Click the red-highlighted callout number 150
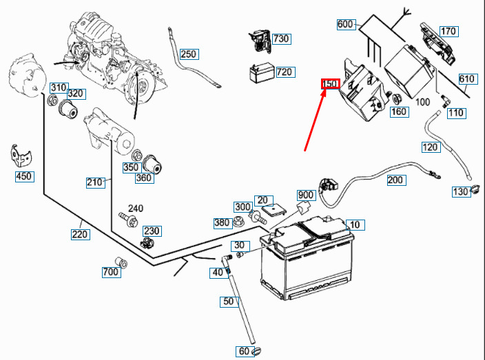[x=331, y=84]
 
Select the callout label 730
[x=281, y=39]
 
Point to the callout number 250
[x=188, y=54]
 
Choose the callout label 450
[x=24, y=177]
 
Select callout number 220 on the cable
[x=80, y=234]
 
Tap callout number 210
[x=94, y=182]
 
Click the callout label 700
[x=110, y=273]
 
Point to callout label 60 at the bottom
[x=244, y=352]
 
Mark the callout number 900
[x=305, y=195]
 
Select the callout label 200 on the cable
[x=395, y=180]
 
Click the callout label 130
[x=460, y=191]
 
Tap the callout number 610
[x=466, y=79]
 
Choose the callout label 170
[x=448, y=31]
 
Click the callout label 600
[x=346, y=25]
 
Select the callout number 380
[x=221, y=222]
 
